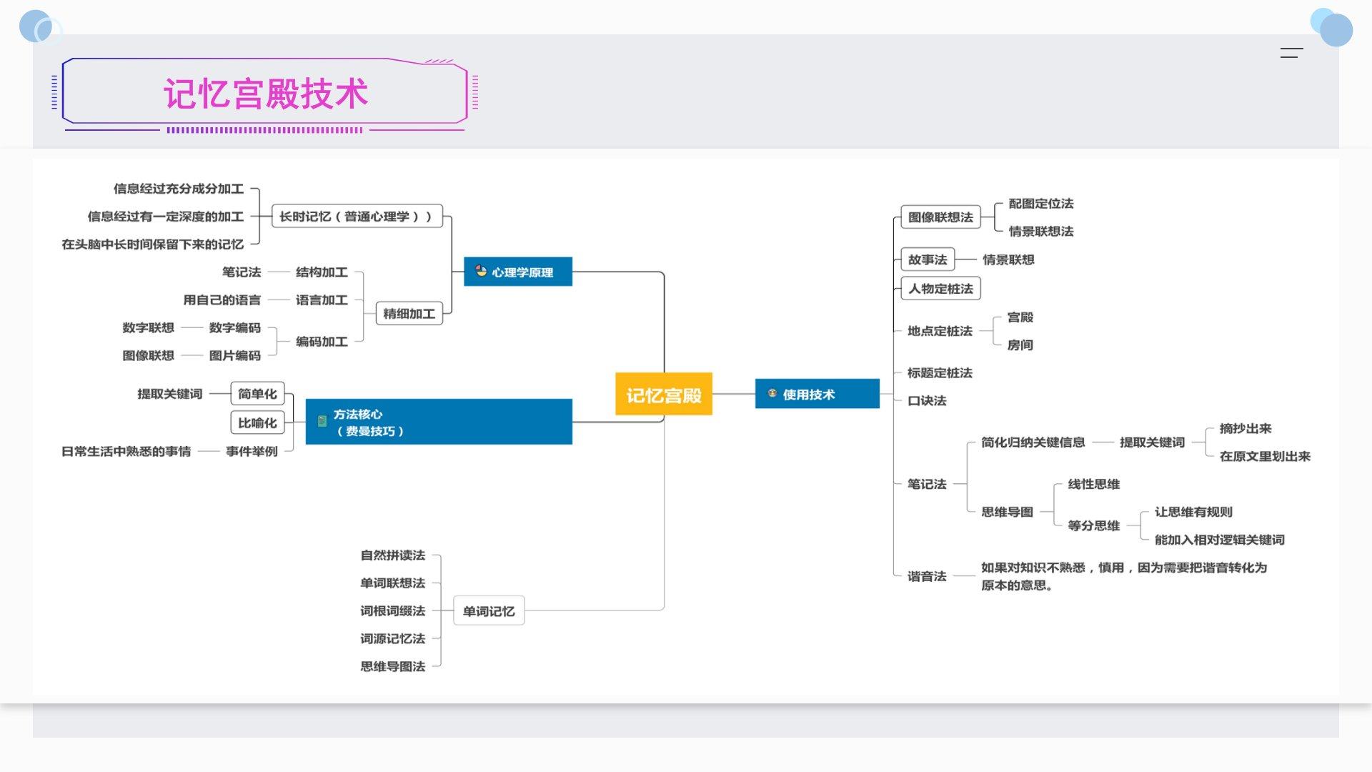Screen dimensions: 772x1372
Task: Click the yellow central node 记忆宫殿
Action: tap(663, 394)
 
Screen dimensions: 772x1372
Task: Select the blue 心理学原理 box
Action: tap(518, 272)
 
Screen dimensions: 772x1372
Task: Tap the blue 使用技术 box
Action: tap(817, 394)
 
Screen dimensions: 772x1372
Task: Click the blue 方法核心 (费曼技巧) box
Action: tap(439, 422)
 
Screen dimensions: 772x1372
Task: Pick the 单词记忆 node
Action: tap(489, 611)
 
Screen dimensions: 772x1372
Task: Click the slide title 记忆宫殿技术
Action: tap(266, 94)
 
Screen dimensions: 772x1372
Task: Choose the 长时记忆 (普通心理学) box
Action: tap(357, 216)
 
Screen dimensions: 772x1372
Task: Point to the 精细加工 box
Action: tap(409, 313)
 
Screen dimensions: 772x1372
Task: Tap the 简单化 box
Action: tap(257, 394)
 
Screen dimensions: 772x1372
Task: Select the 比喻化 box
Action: tap(257, 422)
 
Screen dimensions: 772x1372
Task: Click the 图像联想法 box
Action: tap(940, 217)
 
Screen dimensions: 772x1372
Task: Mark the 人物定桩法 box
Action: tap(940, 289)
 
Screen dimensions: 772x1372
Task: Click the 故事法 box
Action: tap(928, 259)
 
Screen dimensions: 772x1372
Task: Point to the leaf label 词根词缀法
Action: tap(392, 611)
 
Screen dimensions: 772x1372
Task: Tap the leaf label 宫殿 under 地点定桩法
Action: tap(1020, 317)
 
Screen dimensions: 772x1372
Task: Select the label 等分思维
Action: tap(1093, 526)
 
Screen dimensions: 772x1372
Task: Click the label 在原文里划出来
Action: tap(1265, 456)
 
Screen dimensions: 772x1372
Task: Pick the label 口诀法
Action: tap(927, 401)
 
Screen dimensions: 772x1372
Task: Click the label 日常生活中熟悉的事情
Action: tap(126, 451)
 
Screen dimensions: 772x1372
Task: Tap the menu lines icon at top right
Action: tap(1291, 53)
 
